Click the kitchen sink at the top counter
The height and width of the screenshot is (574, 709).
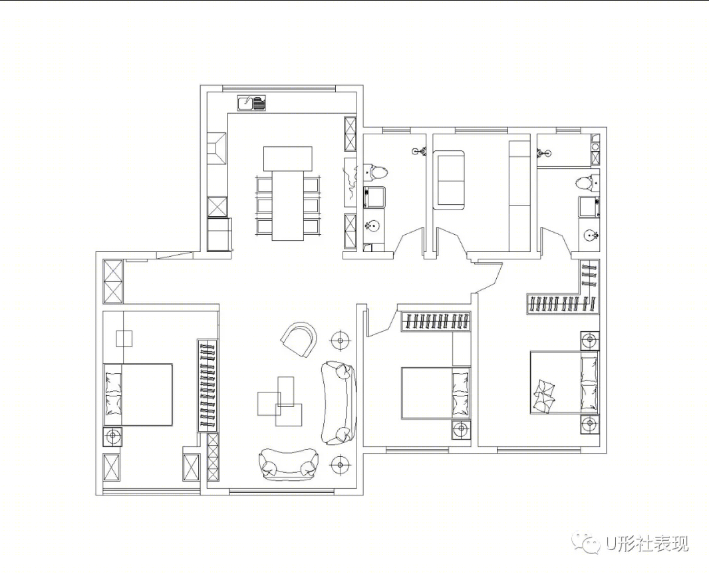[252, 103]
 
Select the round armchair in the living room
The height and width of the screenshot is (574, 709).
[299, 339]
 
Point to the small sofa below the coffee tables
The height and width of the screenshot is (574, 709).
[288, 464]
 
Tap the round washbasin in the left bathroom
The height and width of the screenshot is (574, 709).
[373, 225]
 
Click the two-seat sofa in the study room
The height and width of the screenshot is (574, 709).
[448, 180]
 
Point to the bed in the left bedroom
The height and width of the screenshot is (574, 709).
[138, 394]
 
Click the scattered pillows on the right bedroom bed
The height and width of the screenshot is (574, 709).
[543, 396]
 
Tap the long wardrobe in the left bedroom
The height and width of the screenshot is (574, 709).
[208, 386]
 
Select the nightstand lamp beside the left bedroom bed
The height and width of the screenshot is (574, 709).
[112, 436]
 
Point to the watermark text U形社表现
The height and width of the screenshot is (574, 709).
[647, 543]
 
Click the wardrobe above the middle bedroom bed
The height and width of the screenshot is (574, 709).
[436, 321]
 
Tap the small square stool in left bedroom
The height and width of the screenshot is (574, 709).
[124, 339]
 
